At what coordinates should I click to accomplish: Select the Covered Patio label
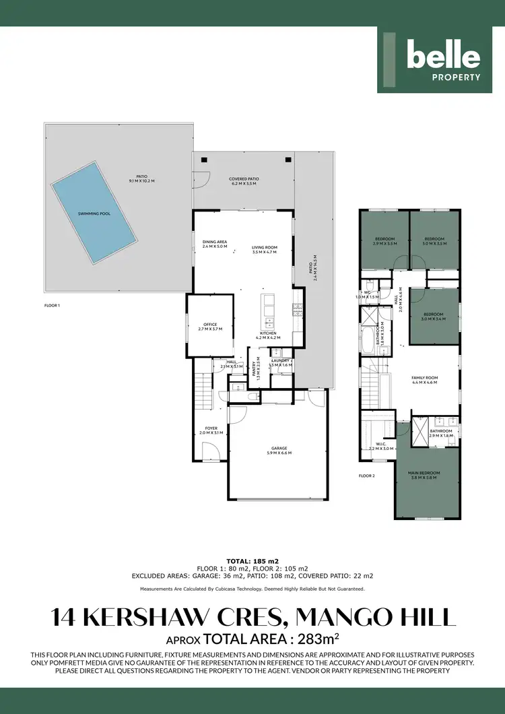pyautogui.click(x=245, y=181)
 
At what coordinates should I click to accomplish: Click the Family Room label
pyautogui.click(x=424, y=379)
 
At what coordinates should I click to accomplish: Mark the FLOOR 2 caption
pyautogui.click(x=366, y=475)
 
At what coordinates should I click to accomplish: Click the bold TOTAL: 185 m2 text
pyautogui.click(x=252, y=560)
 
